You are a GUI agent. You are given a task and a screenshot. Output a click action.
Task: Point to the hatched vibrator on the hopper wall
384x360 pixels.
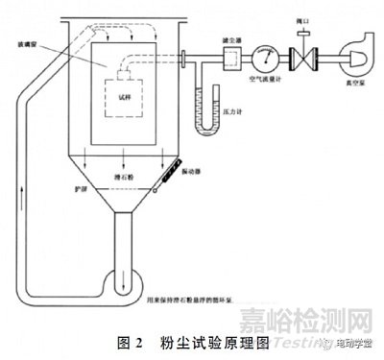click(166, 176)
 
